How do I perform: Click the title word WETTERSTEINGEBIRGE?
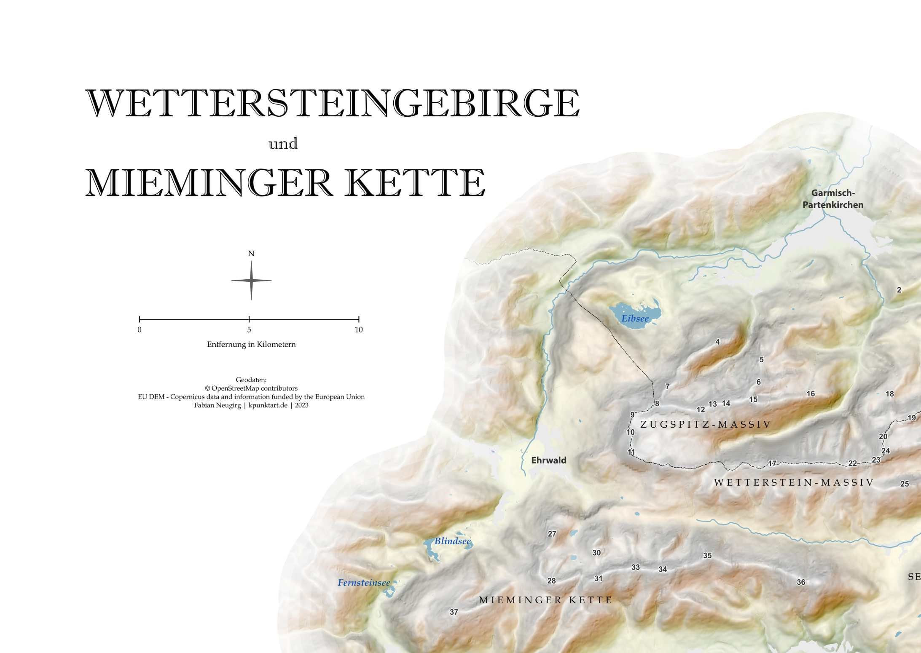click(333, 104)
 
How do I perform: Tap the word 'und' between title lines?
click(283, 144)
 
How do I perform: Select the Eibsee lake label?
click(635, 319)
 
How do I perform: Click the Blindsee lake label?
click(452, 541)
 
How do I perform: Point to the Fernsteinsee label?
click(364, 583)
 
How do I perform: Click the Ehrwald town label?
click(548, 460)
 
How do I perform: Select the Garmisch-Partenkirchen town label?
click(832, 199)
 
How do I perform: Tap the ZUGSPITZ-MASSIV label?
click(705, 425)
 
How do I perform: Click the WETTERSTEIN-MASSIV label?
click(794, 483)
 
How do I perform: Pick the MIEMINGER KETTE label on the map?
click(545, 600)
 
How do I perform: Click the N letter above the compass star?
click(251, 254)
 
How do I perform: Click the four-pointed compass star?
click(251, 281)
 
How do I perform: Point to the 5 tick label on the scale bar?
click(249, 330)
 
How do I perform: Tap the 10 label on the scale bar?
click(358, 330)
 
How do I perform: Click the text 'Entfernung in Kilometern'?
click(251, 345)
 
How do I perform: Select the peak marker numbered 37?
click(454, 612)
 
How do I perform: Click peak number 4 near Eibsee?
click(717, 342)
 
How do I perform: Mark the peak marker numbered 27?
click(552, 534)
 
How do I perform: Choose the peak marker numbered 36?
click(801, 582)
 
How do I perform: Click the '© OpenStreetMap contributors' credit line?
click(251, 388)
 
